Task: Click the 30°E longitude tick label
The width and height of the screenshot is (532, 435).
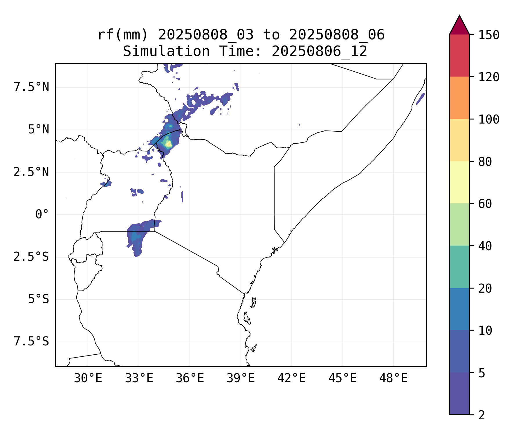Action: (x=88, y=378)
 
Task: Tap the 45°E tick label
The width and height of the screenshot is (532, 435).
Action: (x=342, y=378)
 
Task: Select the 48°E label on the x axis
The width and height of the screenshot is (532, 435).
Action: (x=393, y=378)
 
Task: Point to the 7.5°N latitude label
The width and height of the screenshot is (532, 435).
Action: (x=31, y=87)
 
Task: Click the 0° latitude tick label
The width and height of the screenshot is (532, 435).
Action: (x=42, y=215)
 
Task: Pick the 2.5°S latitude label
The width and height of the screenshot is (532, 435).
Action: (x=31, y=257)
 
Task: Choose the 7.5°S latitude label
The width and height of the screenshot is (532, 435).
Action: (x=31, y=342)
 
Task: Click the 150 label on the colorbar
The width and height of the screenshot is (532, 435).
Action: (x=489, y=35)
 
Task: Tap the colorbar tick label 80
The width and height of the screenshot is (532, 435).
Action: (x=485, y=162)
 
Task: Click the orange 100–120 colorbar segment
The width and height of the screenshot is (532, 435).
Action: (x=459, y=98)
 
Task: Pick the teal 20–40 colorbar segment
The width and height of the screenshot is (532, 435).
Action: (x=459, y=267)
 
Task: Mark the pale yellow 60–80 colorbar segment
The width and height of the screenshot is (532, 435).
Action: (x=459, y=182)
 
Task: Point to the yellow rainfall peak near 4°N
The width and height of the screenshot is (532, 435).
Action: (x=168, y=144)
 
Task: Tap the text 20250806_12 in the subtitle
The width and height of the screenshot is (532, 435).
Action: (x=319, y=52)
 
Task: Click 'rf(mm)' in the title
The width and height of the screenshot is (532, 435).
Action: (x=123, y=35)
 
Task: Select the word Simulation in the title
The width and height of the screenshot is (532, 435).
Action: (x=166, y=52)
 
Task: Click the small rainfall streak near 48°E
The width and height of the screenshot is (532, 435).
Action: (x=420, y=99)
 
